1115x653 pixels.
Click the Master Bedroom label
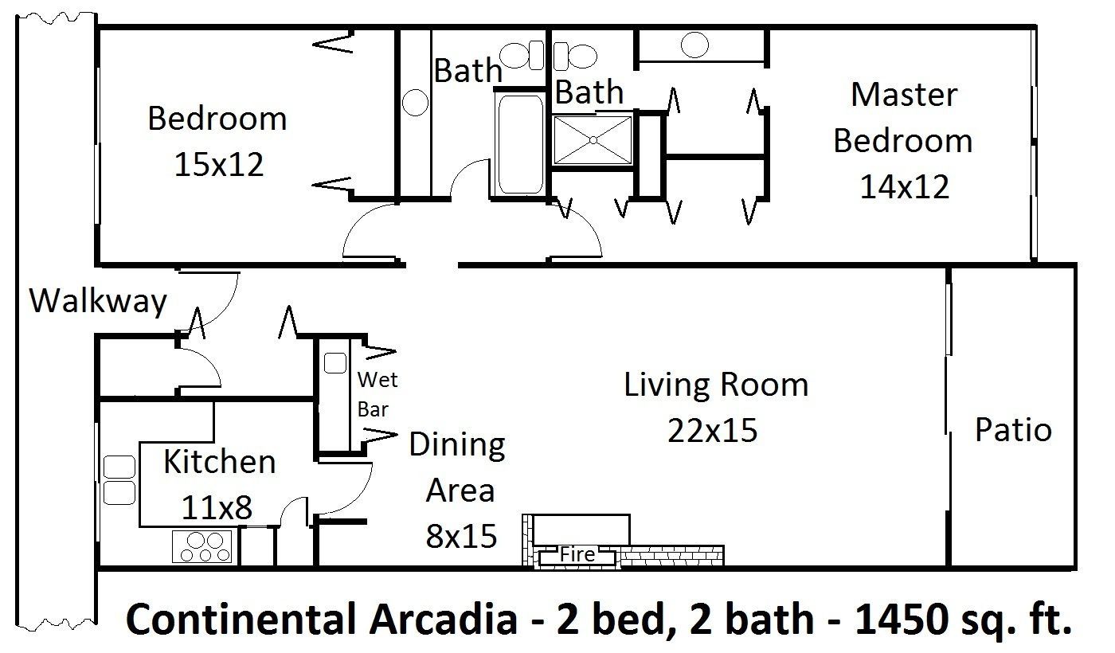point(902,117)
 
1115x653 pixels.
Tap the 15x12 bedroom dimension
point(217,164)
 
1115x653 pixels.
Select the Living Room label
point(715,385)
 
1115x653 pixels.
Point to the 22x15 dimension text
point(714,431)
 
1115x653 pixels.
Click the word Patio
point(1013,430)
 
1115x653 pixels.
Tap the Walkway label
point(98,302)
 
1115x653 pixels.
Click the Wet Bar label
point(377,394)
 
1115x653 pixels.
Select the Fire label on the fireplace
point(577,553)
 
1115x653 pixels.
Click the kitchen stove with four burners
point(203,546)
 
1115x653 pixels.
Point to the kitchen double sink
point(119,479)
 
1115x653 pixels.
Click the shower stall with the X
point(593,141)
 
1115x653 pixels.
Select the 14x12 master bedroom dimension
point(904,187)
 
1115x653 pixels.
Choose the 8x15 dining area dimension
point(462,536)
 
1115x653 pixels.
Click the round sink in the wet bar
point(334,362)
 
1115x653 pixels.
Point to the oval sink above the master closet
point(695,45)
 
